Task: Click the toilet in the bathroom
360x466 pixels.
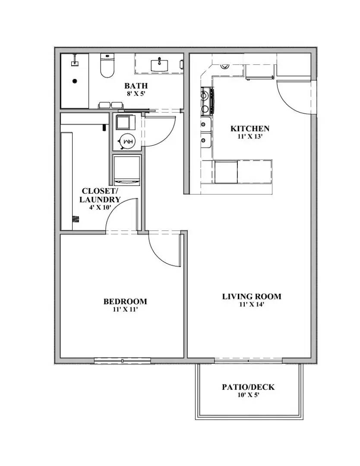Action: click(x=107, y=67)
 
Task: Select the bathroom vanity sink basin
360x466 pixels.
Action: click(x=159, y=65)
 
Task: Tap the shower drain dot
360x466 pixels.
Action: click(x=75, y=81)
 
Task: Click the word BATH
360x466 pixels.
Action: click(x=136, y=86)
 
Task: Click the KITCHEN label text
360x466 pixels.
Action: click(x=250, y=129)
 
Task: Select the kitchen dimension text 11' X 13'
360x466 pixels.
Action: click(x=250, y=136)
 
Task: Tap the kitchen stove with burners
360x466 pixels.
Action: click(x=206, y=101)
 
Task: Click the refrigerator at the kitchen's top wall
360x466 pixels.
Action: click(x=259, y=71)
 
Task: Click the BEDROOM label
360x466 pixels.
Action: click(x=125, y=302)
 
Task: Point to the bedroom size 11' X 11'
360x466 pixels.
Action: click(x=125, y=309)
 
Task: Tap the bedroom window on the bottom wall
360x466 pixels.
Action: click(x=123, y=360)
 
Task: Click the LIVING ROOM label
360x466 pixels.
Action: click(x=252, y=296)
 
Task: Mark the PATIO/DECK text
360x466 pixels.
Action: click(x=248, y=387)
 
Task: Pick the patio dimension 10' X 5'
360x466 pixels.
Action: click(x=248, y=395)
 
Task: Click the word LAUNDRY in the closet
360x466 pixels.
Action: click(x=100, y=200)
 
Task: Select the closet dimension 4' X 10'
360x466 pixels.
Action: click(x=100, y=207)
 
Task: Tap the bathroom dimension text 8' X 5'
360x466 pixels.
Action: click(x=136, y=94)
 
